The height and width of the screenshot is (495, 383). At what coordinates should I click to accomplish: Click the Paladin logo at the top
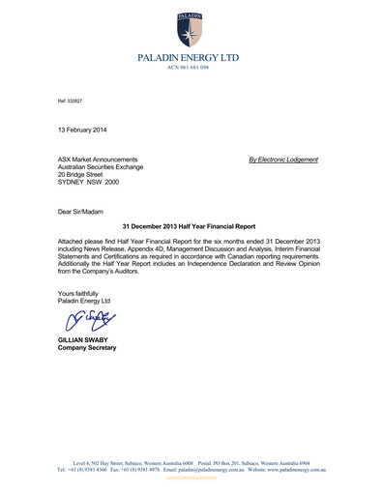(191, 30)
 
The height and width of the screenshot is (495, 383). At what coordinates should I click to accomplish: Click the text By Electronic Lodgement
(282, 159)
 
